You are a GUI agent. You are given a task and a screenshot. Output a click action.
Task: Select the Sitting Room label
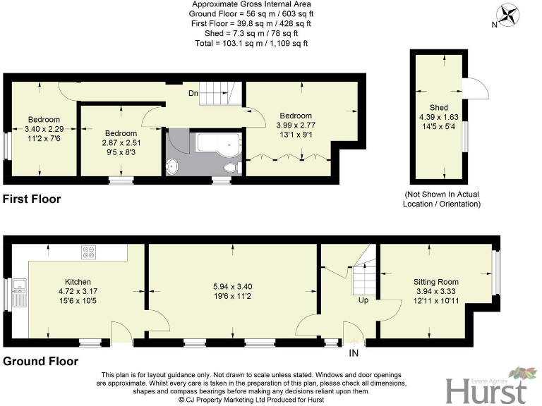tap(436, 281)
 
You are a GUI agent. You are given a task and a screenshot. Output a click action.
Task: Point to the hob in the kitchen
tap(90, 250)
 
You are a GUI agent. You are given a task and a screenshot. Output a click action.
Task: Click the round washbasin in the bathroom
tap(173, 167)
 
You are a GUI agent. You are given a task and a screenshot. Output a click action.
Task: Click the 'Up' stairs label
tap(363, 300)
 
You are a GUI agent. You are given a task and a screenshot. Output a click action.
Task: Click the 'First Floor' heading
tap(32, 199)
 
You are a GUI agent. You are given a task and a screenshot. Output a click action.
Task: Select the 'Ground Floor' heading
tap(40, 361)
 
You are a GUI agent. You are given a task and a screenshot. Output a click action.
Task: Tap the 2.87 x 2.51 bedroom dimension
tap(121, 142)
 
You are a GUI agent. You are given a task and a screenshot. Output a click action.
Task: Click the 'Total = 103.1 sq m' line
tap(251, 43)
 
